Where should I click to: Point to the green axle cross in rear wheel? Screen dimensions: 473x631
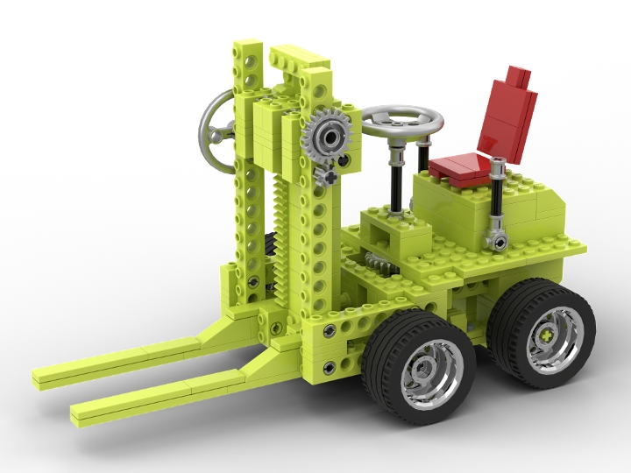[x=548, y=335]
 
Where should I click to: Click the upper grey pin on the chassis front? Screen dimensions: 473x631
[x=329, y=330]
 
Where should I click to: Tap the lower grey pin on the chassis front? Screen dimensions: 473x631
[x=329, y=367]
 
